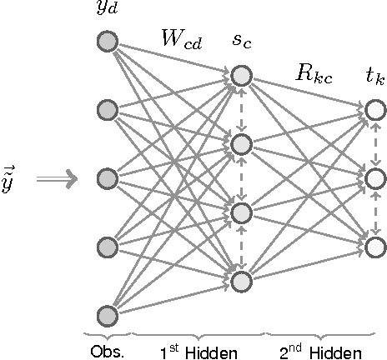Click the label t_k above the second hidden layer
point(374,80)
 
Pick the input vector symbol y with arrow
point(8,181)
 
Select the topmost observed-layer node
point(108,42)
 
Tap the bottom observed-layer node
point(108,315)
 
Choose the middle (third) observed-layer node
point(108,178)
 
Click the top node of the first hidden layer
point(241,77)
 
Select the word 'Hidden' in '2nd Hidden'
point(336,352)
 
